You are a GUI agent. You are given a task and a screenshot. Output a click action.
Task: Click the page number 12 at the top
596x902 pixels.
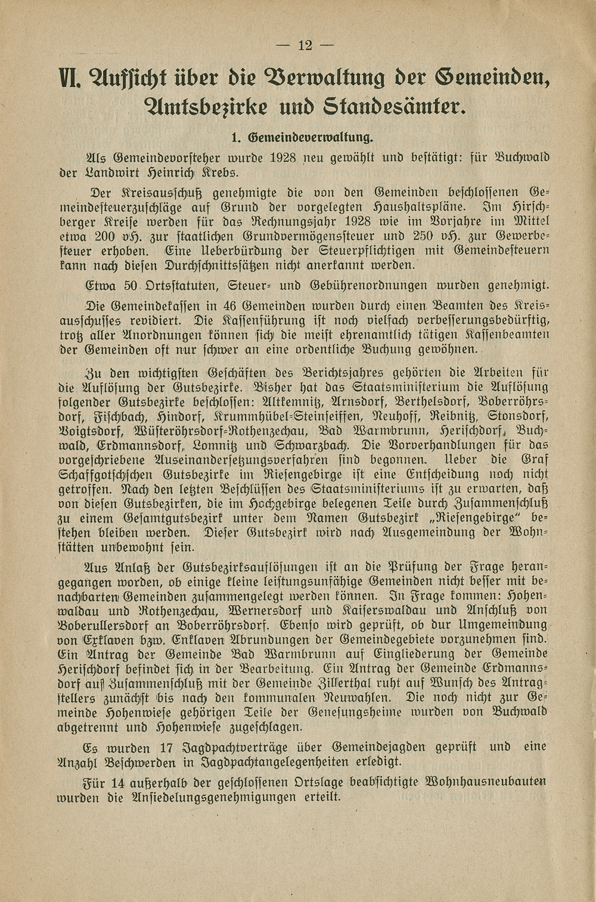point(305,45)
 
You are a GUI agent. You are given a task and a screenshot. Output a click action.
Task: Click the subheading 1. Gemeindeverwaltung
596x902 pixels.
point(302,138)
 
